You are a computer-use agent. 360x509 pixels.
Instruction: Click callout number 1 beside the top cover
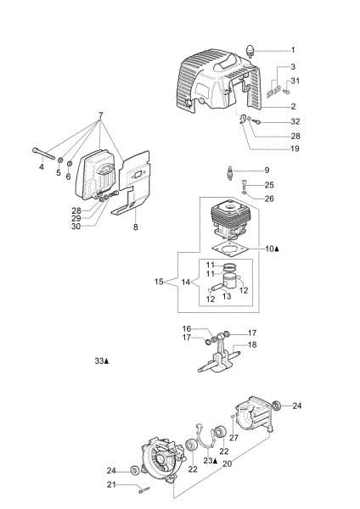coord(292,50)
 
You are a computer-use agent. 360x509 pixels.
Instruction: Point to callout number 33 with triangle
coord(101,361)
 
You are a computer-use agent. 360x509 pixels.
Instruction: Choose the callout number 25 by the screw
coord(268,184)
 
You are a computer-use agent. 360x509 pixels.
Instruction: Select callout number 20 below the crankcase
coord(226,464)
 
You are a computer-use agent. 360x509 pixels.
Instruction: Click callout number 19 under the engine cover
coord(294,148)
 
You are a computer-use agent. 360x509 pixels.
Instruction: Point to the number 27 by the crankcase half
coord(233,438)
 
